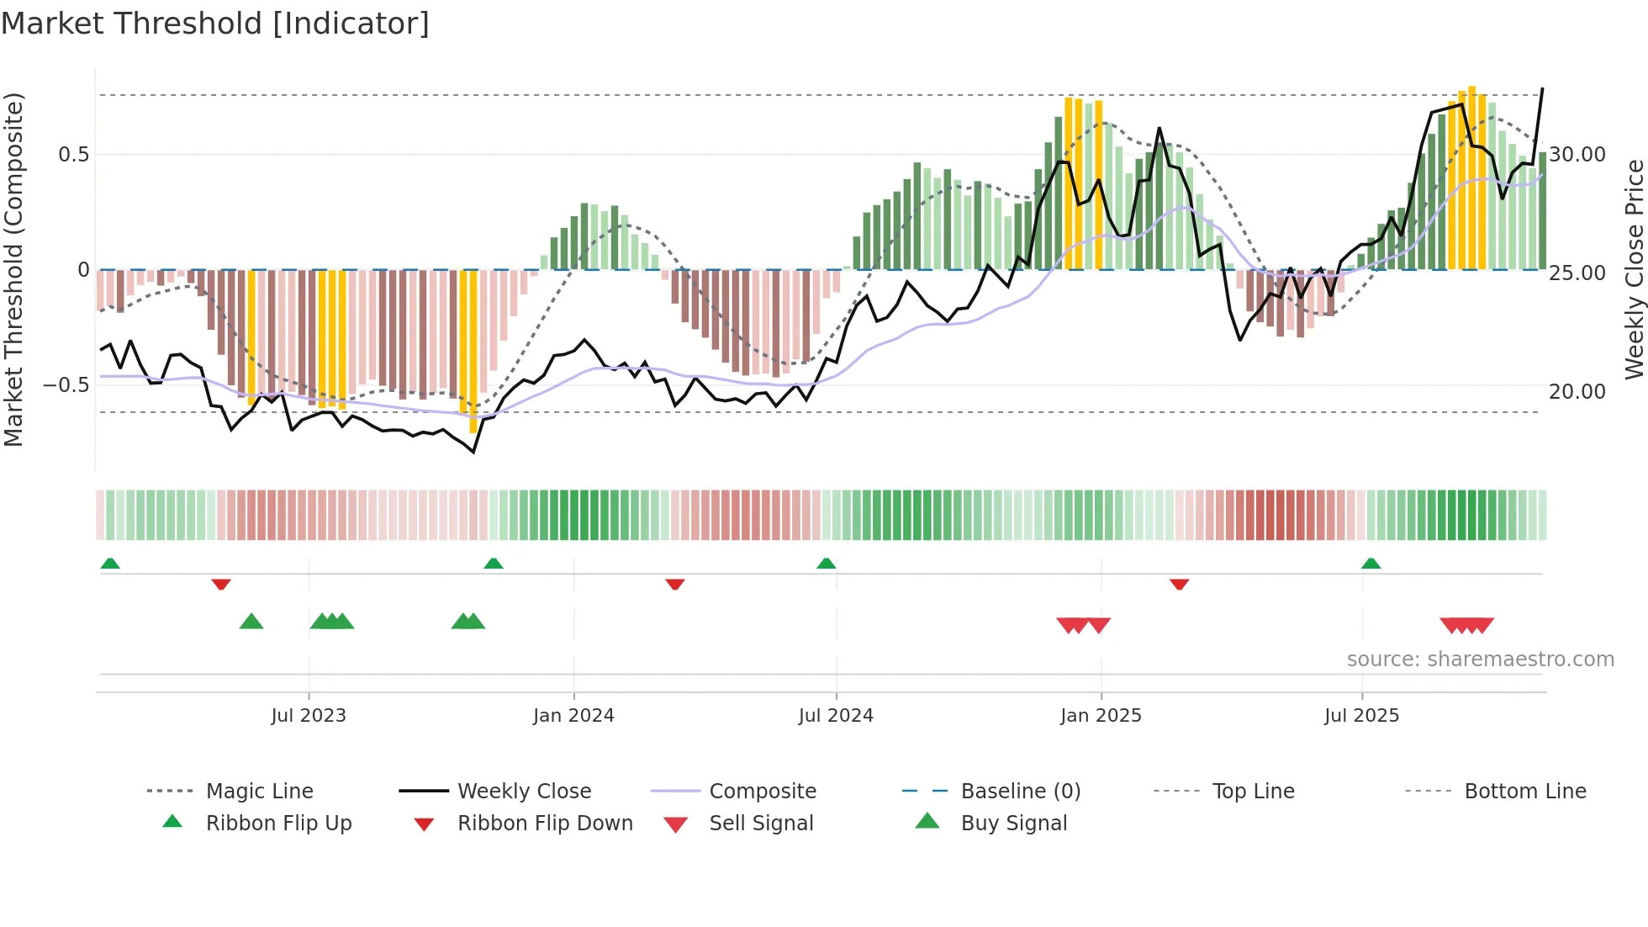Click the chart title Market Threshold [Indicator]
[215, 24]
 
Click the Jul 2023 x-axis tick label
[309, 716]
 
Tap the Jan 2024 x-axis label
[573, 716]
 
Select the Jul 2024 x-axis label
[836, 716]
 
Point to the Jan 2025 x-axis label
[1101, 716]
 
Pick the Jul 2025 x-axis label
[1361, 716]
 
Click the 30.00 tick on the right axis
[1577, 155]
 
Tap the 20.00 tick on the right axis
[1577, 392]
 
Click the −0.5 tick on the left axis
[66, 385]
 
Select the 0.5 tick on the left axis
[73, 155]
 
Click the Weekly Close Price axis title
[1634, 269]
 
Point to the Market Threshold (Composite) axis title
[13, 269]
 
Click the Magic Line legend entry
[259, 792]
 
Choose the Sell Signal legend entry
[761, 824]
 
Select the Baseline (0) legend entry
[1020, 792]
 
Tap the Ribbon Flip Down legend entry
[545, 824]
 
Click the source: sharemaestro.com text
[1480, 659]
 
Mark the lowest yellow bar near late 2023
[473, 353]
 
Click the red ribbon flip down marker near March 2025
[1179, 584]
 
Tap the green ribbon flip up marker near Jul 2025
[1371, 564]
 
